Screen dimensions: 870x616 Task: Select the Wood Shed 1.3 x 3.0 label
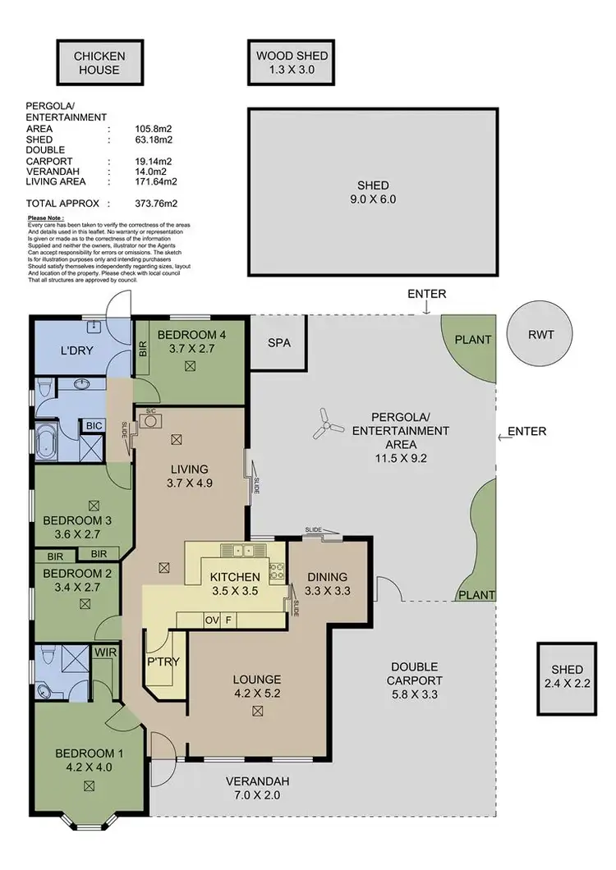pos(292,63)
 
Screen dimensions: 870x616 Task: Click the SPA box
pos(279,343)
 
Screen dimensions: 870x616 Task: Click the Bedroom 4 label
pos(191,341)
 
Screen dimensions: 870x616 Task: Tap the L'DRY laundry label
pos(80,351)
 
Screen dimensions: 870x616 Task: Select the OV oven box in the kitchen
pos(212,620)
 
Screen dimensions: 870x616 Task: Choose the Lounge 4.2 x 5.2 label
pos(257,686)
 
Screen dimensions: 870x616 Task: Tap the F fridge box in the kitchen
pos(229,620)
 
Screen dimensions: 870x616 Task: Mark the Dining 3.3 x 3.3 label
pos(325,583)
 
